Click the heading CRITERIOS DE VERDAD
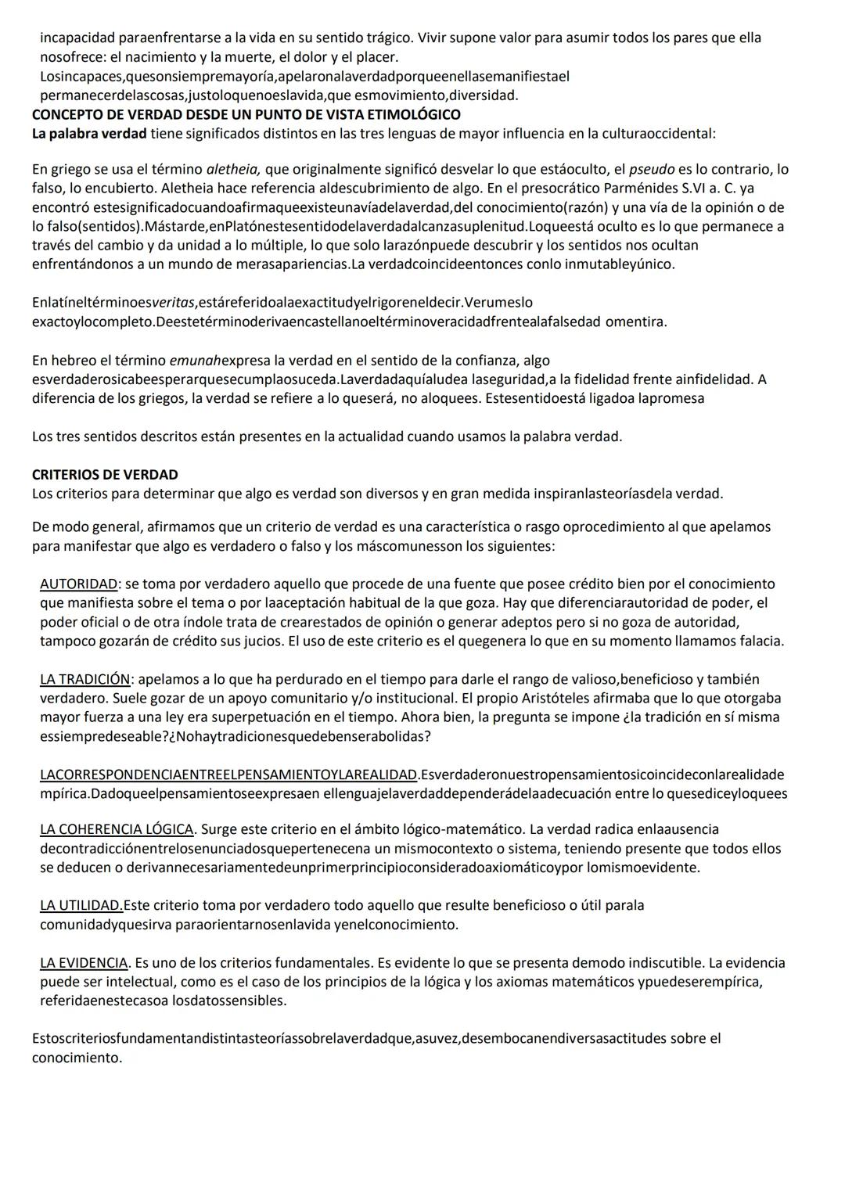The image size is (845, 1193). pos(105,475)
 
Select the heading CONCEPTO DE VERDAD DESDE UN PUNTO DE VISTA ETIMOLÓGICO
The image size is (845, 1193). pos(246,114)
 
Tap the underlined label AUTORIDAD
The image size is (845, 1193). pos(78,584)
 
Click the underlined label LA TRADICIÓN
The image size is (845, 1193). pos(84,679)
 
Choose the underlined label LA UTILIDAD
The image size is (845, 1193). pos(81,905)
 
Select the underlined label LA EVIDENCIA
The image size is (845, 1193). pos(84,962)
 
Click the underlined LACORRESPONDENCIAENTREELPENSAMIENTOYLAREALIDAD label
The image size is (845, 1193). pos(228,774)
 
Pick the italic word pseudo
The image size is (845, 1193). pos(652,169)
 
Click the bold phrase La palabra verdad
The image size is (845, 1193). pos(89,133)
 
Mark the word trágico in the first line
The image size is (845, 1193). pos(383,38)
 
